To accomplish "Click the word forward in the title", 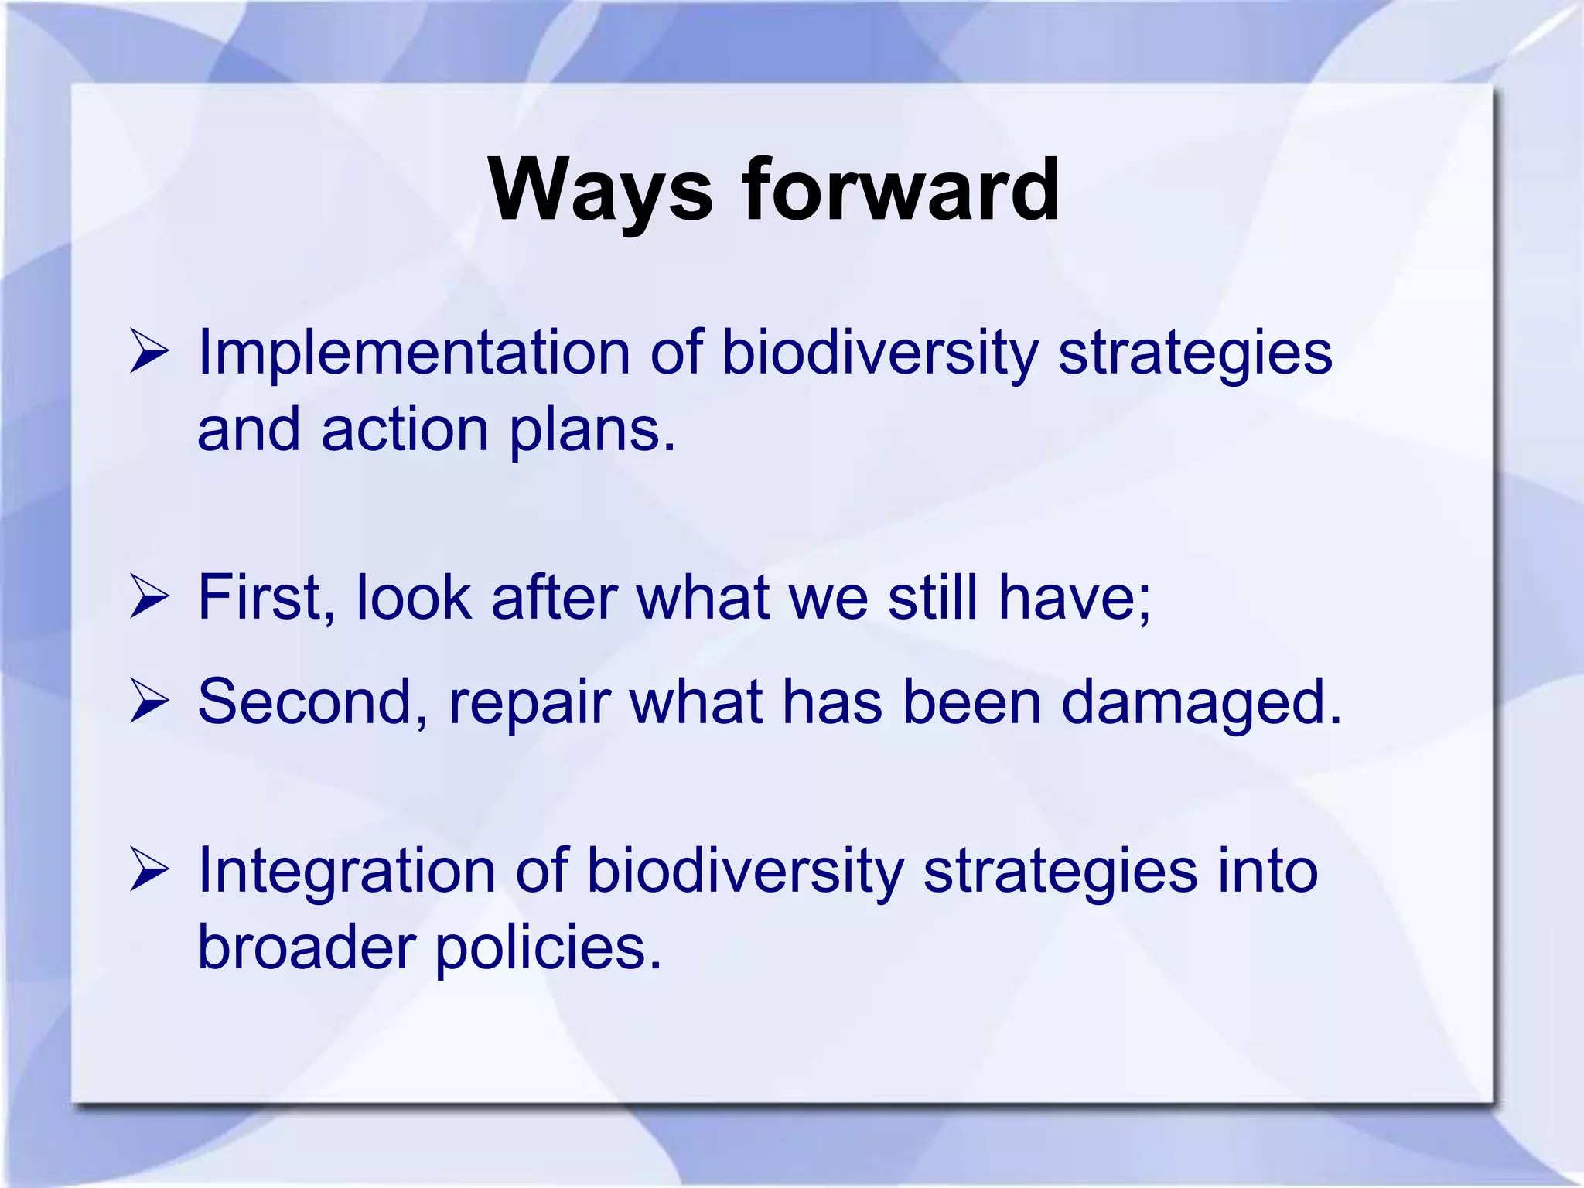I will [x=900, y=190].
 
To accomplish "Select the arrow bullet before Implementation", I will [x=148, y=353].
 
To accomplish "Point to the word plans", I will [x=591, y=430].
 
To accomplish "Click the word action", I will [x=405, y=430].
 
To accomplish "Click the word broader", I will [x=307, y=947].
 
